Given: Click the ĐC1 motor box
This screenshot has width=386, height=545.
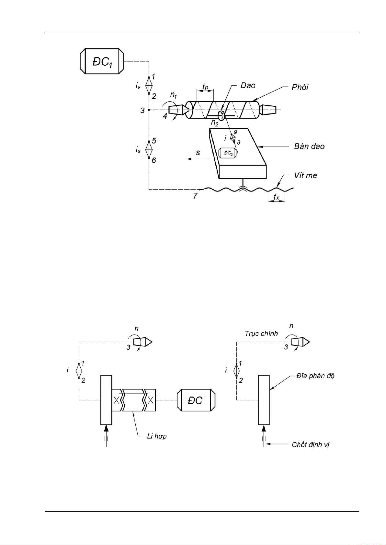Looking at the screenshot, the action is coord(102,61).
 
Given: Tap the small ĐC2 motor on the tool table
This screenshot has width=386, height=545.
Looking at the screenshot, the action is coord(228,153).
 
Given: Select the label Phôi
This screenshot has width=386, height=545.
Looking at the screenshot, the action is coord(300,87).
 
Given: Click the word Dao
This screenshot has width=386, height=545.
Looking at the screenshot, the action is coord(248,85).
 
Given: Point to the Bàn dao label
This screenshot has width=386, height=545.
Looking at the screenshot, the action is coord(309,147).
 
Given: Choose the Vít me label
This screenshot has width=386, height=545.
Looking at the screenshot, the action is coord(306,175).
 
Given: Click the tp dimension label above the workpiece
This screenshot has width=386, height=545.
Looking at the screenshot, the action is coord(205,86).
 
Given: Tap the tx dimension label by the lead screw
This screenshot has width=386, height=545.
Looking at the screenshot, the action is coord(276,197).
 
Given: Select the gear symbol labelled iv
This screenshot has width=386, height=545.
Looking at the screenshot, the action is coord(149,85).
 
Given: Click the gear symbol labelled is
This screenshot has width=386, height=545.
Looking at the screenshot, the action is coord(149,150).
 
